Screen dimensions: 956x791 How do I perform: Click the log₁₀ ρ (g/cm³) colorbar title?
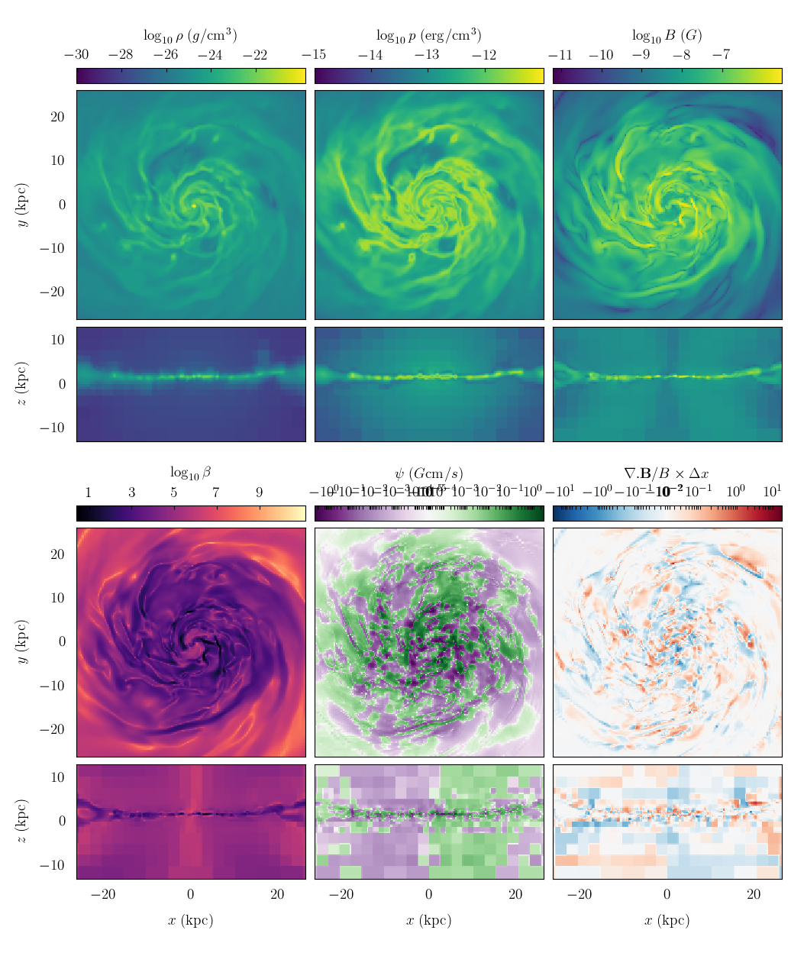coord(190,36)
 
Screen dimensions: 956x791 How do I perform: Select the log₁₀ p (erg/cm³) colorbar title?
coord(428,36)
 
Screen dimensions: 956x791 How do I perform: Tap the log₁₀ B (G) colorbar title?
coord(667,36)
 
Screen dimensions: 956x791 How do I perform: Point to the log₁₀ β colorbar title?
coord(190,473)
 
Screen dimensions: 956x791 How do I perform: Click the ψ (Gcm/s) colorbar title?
coord(428,473)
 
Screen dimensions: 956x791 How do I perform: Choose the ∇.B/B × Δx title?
coord(667,473)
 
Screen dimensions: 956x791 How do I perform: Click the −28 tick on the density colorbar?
coord(121,55)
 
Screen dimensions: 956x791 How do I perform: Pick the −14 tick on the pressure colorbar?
coord(370,55)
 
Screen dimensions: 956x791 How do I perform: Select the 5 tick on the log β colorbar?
coord(174,493)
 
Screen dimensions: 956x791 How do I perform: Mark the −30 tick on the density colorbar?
coord(76,55)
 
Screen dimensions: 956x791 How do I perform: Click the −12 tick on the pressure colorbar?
coord(484,55)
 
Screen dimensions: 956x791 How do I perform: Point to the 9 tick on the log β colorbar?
coord(259,493)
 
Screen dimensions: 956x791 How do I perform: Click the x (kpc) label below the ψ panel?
coord(428,920)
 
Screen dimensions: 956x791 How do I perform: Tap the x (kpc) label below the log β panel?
coord(190,920)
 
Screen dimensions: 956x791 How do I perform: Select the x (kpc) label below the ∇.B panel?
coord(667,920)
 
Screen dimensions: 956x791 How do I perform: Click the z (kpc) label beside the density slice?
coord(22,384)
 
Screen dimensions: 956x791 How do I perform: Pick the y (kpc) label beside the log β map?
coord(22,642)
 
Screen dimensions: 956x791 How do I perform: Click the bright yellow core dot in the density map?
coord(194,205)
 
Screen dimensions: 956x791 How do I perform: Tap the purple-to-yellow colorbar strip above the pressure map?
coord(428,76)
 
